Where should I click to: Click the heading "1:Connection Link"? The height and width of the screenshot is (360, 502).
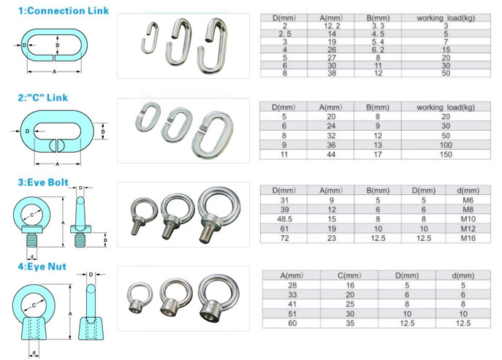coord(64,11)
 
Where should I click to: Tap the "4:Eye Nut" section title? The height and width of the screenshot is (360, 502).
coord(42,267)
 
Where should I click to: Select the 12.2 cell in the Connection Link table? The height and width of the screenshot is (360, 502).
coord(332,26)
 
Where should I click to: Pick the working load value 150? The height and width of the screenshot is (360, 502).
coord(446,155)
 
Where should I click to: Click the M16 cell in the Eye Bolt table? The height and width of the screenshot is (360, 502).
coord(468,238)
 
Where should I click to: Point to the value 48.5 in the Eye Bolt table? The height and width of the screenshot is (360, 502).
coord(284,219)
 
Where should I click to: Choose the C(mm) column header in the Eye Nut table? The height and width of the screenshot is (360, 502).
coord(349,275)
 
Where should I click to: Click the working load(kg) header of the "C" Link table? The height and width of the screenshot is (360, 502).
coord(446,107)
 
